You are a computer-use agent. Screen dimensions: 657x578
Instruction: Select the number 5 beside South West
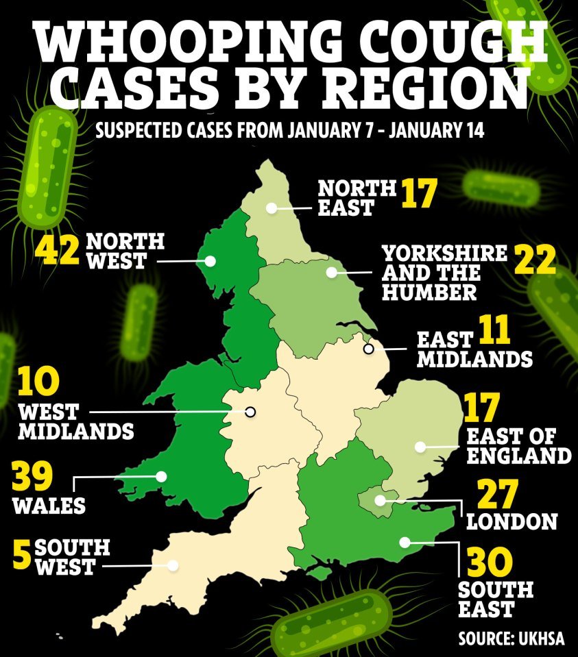22,556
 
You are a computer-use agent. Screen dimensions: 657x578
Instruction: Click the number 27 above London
495,495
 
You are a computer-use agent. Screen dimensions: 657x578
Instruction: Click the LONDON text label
511,522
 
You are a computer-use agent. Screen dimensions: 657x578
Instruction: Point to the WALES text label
49,506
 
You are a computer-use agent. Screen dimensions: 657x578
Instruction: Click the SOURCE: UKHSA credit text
511,639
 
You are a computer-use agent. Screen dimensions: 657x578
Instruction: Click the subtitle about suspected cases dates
289,130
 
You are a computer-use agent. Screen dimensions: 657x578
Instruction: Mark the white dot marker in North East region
272,207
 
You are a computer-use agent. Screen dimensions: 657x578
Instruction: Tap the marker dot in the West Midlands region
250,412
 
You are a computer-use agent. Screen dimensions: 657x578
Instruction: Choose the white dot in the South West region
173,565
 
